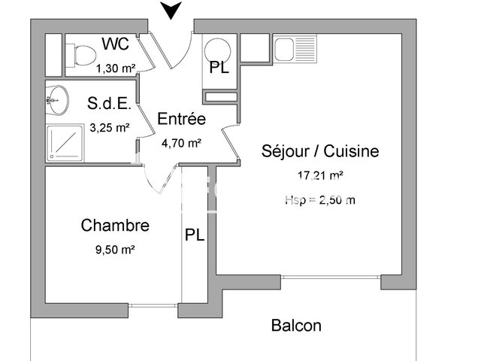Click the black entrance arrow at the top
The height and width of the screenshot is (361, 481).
(172, 10)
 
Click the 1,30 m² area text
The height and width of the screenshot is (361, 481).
(116, 68)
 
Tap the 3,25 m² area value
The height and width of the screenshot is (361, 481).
(110, 127)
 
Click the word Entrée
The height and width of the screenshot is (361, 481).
(181, 119)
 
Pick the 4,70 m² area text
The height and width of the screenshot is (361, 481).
(181, 142)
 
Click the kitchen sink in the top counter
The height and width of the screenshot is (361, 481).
(286, 50)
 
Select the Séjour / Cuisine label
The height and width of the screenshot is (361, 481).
(320, 151)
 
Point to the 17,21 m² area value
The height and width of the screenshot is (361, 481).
(320, 176)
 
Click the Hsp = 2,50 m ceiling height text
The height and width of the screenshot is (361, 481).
(320, 199)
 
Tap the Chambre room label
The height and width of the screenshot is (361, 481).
(115, 225)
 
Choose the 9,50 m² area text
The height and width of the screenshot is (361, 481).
(114, 250)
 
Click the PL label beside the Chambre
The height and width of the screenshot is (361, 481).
(195, 235)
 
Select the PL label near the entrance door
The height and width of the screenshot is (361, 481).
(219, 68)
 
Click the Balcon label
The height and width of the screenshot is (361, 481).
(296, 326)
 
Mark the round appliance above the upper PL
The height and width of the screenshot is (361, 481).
(219, 47)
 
